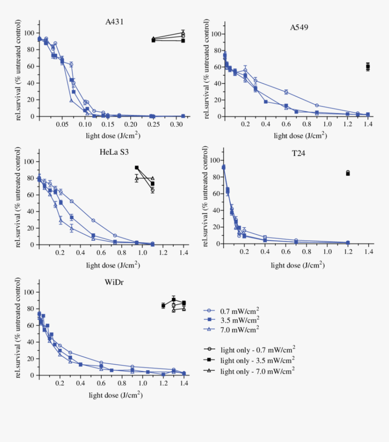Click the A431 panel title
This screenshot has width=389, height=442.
coord(114,21)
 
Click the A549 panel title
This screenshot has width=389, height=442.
coord(299,27)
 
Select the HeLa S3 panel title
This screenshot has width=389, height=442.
coord(114,152)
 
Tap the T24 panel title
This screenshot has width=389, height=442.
coord(299,153)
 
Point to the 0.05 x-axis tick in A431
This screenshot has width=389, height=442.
coord(62,124)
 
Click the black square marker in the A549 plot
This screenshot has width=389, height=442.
coord(368,67)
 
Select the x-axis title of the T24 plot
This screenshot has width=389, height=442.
coord(297,265)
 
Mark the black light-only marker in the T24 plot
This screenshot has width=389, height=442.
coord(347,173)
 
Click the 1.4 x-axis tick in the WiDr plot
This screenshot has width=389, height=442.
coord(184,383)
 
